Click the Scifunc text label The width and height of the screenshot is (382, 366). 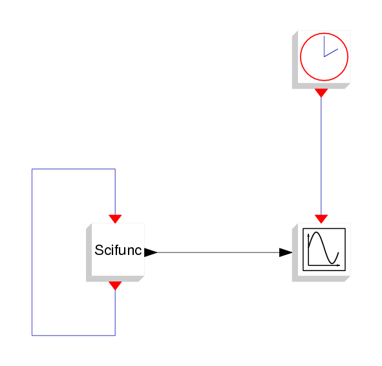coord(118,250)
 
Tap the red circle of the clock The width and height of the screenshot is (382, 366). coord(301,57)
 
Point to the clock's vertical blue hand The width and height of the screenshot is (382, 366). coord(324,46)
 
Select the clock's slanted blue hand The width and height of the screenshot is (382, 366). coord(331,53)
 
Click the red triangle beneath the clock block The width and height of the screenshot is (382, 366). coord(321,93)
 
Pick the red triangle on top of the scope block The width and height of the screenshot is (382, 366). coord(321,219)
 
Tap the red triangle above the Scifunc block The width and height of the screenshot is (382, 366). coord(115,219)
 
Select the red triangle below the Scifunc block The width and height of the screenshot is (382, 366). coord(115,286)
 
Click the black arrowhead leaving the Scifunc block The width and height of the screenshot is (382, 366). coord(151,252)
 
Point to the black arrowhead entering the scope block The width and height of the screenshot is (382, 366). coord(286,252)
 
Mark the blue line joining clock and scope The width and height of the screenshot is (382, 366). coord(321,156)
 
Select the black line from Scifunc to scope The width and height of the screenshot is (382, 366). coord(218,252)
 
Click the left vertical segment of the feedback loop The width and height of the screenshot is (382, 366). coord(32,252)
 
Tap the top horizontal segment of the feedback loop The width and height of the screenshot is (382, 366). coord(74,168)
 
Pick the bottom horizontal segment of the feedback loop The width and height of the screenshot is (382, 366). coord(74,336)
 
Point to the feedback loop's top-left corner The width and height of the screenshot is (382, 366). coord(32,168)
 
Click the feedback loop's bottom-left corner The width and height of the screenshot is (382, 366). coord(32,336)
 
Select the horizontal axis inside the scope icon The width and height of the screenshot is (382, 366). coord(324,265)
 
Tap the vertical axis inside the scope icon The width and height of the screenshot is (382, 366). coord(308,249)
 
